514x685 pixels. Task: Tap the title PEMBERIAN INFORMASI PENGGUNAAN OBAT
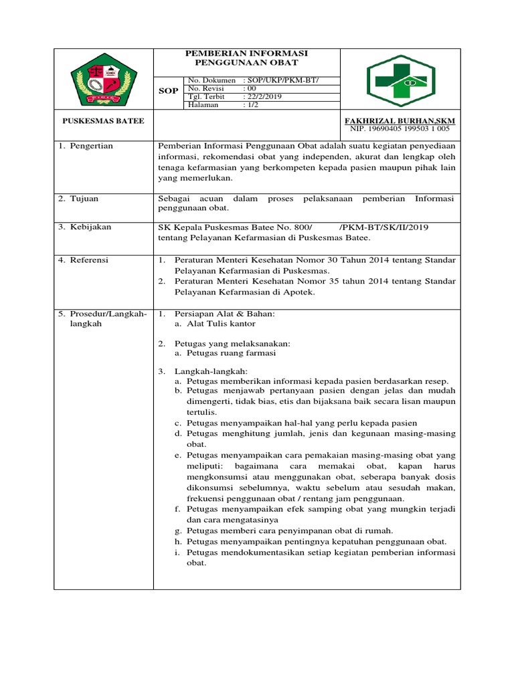[247, 58]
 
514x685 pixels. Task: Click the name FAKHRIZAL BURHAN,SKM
[404, 120]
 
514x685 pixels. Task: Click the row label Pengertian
[91, 146]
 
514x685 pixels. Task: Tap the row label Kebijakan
[90, 227]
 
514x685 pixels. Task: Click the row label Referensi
[90, 260]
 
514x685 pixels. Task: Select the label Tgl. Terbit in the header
[207, 96]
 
